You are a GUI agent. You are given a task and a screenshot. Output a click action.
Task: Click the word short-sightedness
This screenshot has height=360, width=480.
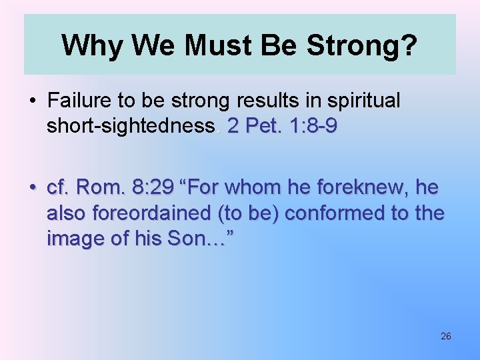[x=131, y=125]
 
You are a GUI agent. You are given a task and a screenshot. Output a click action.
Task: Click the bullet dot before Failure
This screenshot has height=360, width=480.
[x=32, y=101]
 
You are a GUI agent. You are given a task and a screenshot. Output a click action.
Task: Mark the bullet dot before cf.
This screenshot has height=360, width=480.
[x=32, y=189]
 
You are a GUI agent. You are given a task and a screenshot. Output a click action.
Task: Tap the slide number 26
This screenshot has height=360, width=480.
[x=446, y=336]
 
